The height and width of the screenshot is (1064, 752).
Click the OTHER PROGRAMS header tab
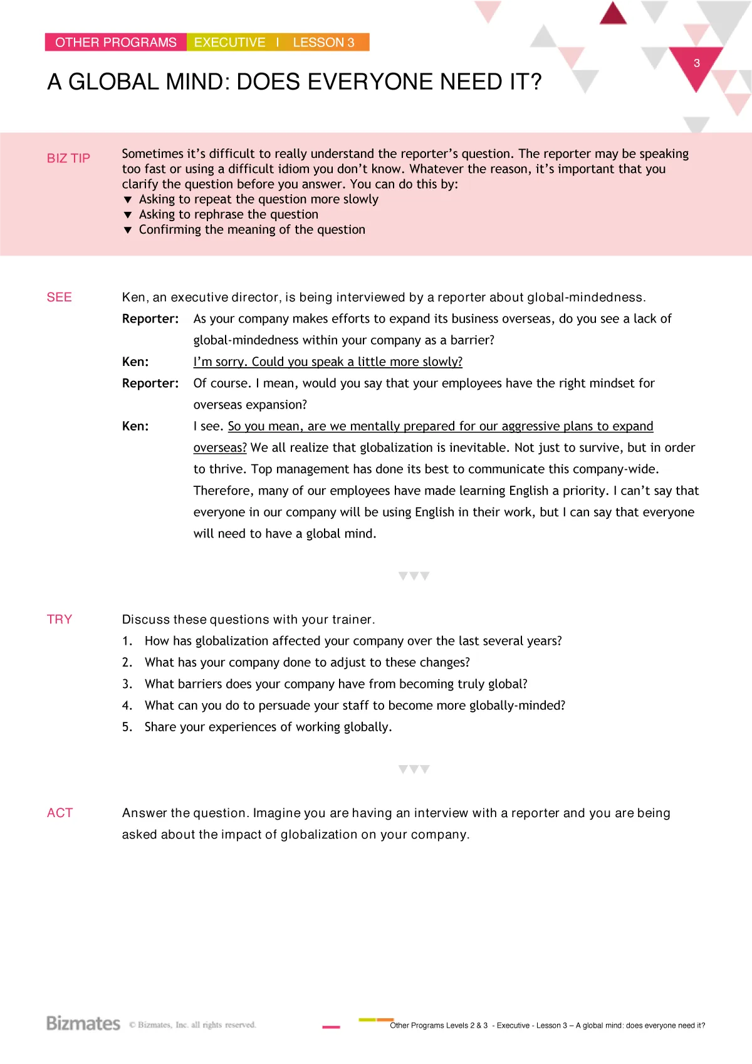click(116, 43)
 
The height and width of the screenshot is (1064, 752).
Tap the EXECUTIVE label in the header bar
click(229, 43)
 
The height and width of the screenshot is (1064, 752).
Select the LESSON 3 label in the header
click(323, 43)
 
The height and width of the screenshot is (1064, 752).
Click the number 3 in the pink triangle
click(696, 63)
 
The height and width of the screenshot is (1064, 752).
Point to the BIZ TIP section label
click(68, 159)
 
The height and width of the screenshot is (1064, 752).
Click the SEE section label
click(60, 297)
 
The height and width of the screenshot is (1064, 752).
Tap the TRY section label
click(60, 619)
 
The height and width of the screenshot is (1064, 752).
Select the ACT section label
click(60, 813)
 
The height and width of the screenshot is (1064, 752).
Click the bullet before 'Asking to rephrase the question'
click(128, 215)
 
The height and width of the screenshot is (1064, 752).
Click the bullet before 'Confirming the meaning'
click(128, 230)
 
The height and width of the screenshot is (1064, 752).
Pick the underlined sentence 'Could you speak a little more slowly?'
click(357, 362)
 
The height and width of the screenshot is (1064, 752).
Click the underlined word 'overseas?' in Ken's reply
click(220, 447)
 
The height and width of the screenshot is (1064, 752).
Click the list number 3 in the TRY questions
click(127, 684)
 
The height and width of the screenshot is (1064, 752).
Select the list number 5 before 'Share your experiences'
click(127, 727)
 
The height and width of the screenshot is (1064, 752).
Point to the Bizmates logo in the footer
click(83, 1023)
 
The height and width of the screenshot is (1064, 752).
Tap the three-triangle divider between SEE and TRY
click(414, 576)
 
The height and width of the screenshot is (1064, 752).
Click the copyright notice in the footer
click(192, 1025)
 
